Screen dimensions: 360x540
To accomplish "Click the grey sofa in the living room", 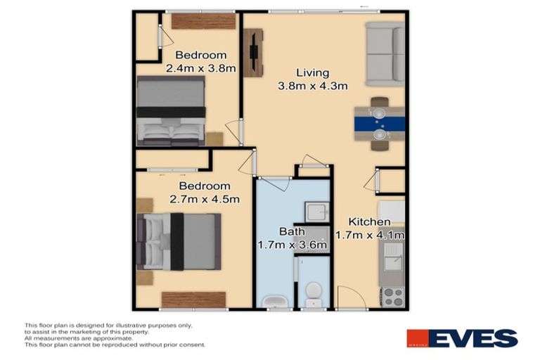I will click(x=385, y=53).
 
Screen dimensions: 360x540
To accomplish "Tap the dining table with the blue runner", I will click(x=379, y=124).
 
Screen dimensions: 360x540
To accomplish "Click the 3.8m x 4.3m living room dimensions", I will click(x=313, y=86).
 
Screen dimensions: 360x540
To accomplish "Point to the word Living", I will click(x=312, y=72).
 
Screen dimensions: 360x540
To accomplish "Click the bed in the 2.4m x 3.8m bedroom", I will click(x=171, y=110).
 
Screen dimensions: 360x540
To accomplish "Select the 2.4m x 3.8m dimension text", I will click(x=200, y=69).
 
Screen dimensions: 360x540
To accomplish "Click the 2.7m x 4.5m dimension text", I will click(x=205, y=199).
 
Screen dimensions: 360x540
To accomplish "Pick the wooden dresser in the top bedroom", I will click(x=202, y=21).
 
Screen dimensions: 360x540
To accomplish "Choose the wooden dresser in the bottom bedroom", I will click(x=193, y=300).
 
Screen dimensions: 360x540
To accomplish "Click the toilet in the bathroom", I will click(x=314, y=294).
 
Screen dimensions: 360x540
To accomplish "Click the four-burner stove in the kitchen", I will click(x=392, y=297).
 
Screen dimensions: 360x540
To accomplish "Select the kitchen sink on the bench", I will click(x=391, y=257).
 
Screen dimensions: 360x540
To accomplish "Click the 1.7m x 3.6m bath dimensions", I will click(x=293, y=245).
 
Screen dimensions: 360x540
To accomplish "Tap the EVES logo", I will click(x=462, y=338).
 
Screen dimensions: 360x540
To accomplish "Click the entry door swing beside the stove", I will click(x=352, y=298).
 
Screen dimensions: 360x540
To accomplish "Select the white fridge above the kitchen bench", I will click(x=392, y=212).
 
